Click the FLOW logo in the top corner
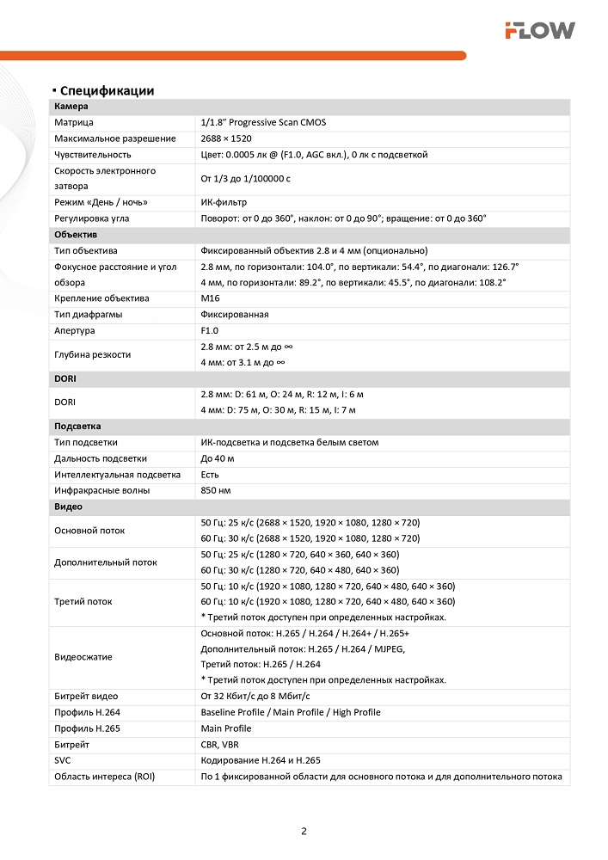539,31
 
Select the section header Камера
71,107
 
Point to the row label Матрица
74,123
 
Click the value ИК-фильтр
224,203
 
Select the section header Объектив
76,235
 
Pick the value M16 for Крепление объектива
210,298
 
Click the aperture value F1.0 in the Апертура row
210,330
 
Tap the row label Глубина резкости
93,354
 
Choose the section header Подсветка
78,427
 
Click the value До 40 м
218,458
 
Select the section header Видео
68,507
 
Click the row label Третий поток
83,602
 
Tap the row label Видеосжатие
83,657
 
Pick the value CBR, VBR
221,744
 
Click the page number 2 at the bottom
304,832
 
